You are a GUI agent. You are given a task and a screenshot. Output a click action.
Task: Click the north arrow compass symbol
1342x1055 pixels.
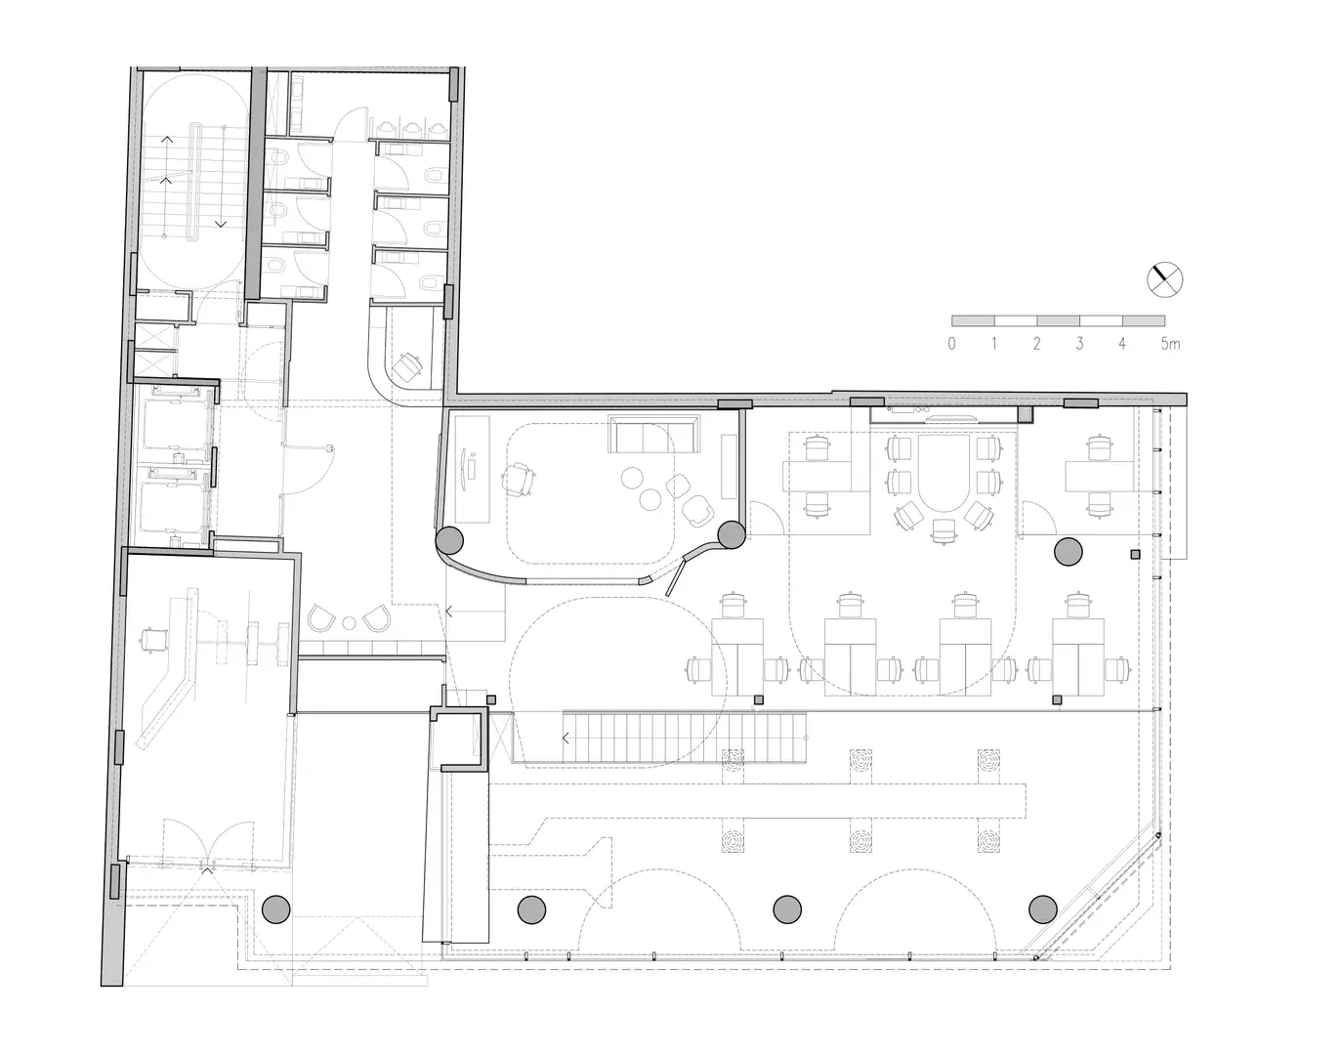pyautogui.click(x=1164, y=279)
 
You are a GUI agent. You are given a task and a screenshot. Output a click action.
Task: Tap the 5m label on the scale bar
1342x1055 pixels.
pyautogui.click(x=1170, y=344)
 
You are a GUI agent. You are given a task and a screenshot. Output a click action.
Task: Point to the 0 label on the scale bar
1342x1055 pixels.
pyautogui.click(x=951, y=344)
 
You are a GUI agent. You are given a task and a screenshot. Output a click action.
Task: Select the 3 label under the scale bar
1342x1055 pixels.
pyautogui.click(x=1079, y=344)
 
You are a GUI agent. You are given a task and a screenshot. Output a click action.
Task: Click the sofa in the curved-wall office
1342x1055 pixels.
pyautogui.click(x=654, y=434)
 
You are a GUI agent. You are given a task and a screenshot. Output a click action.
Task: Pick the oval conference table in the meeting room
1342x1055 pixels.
pyautogui.click(x=944, y=473)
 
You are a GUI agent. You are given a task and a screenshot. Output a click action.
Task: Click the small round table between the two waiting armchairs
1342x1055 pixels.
pyautogui.click(x=350, y=623)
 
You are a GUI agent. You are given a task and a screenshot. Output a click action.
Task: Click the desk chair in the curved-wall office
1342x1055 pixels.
pyautogui.click(x=518, y=480)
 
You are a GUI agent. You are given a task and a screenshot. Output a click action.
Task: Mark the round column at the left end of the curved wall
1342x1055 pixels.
pyautogui.click(x=449, y=540)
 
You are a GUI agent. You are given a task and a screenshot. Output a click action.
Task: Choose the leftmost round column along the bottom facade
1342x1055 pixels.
pyautogui.click(x=276, y=909)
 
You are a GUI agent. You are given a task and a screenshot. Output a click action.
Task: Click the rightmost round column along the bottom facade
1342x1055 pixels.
pyautogui.click(x=1042, y=909)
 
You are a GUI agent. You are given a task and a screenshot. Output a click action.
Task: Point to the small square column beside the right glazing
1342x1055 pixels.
pyautogui.click(x=1135, y=555)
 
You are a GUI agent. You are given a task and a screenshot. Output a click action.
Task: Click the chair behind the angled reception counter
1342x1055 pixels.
pyautogui.click(x=154, y=639)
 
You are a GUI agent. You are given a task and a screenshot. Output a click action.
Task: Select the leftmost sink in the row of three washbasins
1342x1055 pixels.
pyautogui.click(x=387, y=128)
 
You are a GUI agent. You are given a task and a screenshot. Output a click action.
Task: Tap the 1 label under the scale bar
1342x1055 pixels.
pyautogui.click(x=994, y=344)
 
